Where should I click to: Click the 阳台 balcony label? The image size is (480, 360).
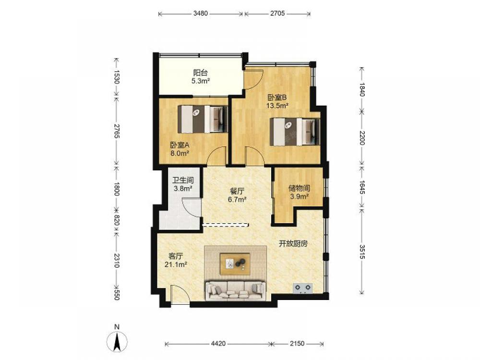coord(201,73)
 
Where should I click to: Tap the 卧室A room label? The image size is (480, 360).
coord(180,145)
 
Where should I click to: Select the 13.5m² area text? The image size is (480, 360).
coord(277,106)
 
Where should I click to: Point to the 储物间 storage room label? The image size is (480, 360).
coord(299,188)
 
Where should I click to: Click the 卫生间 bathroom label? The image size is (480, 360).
coord(183,180)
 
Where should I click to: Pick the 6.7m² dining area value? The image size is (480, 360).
coord(237,200)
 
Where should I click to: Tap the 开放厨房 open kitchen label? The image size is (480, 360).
coord(293,244)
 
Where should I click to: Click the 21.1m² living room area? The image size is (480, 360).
coord(176,264)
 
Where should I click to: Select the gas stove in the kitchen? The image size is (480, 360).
coord(303,288)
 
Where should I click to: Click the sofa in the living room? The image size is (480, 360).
coord(236,290)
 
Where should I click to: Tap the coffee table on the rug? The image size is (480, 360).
coord(235,264)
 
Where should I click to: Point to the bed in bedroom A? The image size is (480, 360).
coord(203,119)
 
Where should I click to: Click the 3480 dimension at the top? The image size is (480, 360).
coord(201,13)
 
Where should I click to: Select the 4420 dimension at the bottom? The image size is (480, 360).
coord(218,344)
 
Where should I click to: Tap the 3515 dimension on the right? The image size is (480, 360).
coord(362,252)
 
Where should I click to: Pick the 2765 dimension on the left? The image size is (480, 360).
coord(116,131)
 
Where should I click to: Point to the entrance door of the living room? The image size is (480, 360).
coord(180,295)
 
